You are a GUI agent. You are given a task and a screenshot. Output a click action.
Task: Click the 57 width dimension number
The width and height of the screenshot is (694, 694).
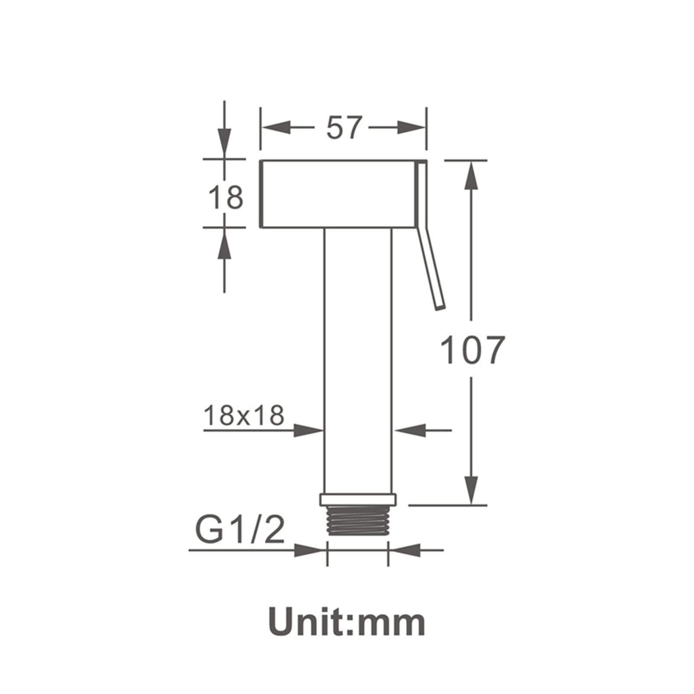coord(344,127)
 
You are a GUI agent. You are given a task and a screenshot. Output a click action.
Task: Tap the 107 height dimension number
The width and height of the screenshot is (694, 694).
coord(472,349)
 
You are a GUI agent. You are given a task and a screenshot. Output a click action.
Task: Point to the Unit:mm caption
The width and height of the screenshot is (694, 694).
coord(347,622)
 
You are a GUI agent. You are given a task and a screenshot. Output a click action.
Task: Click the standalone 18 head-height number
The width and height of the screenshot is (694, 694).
coord(226,197)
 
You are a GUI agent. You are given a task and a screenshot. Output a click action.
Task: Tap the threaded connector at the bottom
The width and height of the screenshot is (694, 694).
coord(358,521)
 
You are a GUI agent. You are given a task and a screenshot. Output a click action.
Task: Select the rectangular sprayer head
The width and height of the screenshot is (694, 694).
coord(337,194)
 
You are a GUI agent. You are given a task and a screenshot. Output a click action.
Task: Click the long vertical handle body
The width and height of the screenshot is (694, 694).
coord(358,360)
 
